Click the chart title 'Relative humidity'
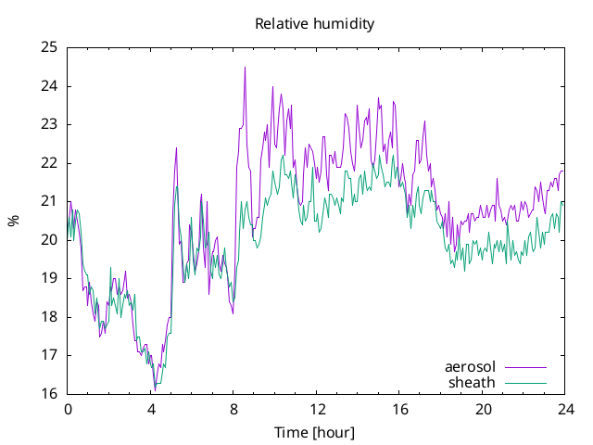(315, 24)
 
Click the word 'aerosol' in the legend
(470, 367)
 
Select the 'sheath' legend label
(472, 383)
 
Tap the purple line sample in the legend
(525, 367)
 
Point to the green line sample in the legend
(525, 383)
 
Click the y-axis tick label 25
(49, 47)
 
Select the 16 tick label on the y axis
(49, 394)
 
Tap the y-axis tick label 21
(49, 201)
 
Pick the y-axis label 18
(49, 317)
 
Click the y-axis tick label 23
(49, 124)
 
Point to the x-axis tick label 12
(317, 410)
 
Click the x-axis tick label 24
(566, 410)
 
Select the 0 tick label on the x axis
(68, 410)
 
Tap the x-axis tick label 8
(233, 410)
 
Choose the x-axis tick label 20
(484, 410)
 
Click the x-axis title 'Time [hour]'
(315, 433)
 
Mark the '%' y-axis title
(13, 221)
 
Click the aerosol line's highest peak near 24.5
(245, 68)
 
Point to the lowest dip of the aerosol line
(155, 390)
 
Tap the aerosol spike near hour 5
(176, 148)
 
